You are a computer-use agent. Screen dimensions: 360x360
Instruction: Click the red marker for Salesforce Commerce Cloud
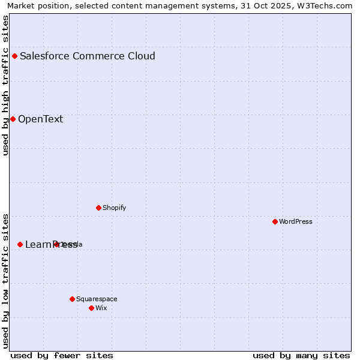[x=15, y=56]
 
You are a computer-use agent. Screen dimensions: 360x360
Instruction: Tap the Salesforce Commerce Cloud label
[x=88, y=56]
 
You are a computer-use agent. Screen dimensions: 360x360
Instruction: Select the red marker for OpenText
[x=13, y=119]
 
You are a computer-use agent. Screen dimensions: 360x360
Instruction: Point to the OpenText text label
[x=40, y=119]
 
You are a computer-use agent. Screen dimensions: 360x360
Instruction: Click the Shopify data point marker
[x=98, y=208]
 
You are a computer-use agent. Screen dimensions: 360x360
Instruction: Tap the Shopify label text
[x=114, y=208]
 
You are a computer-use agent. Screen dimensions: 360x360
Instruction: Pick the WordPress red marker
[x=275, y=222]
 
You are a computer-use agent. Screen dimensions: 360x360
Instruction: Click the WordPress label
[x=295, y=222]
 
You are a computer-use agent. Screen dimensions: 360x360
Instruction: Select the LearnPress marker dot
[x=20, y=245]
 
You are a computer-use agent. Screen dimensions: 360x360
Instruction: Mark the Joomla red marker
[x=56, y=244]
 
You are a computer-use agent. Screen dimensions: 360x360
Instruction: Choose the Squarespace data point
[x=72, y=299]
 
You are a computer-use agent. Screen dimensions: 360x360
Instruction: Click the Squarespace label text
[x=97, y=299]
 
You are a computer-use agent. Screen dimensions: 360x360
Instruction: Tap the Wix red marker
[x=91, y=308]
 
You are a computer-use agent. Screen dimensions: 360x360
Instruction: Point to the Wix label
[x=101, y=308]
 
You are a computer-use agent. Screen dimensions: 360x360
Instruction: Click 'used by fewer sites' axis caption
[x=62, y=355]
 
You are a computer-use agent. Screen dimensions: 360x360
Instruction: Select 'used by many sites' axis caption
[x=301, y=355]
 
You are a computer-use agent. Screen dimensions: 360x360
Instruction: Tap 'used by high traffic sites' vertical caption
[x=5, y=85]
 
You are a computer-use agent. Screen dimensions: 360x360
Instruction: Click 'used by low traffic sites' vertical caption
[x=5, y=280]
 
